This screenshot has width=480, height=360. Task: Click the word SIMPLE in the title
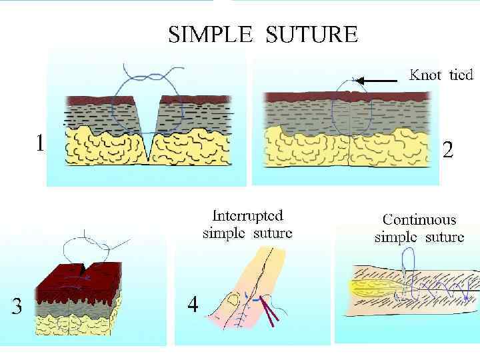[x=208, y=34]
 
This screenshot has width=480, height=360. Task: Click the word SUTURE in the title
[x=311, y=34]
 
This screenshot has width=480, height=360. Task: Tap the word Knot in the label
[x=425, y=75]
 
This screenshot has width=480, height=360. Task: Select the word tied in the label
[x=461, y=75]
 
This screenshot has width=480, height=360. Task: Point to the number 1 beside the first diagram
[x=41, y=143]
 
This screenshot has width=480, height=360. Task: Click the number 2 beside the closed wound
[x=448, y=151]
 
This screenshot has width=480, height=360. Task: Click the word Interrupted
[x=247, y=216]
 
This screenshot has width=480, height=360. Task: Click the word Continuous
[x=419, y=219]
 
